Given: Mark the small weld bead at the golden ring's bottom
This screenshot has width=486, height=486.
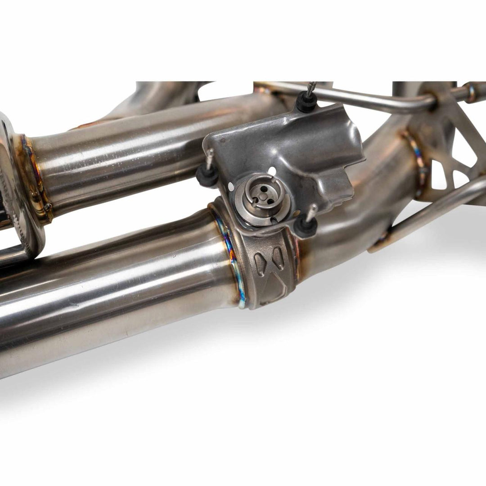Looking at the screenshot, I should [48, 207].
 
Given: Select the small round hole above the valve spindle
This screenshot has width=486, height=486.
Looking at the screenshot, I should [272, 170].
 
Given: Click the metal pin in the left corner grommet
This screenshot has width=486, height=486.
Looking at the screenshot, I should [210, 157].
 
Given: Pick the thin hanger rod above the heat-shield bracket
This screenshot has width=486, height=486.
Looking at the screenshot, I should [360, 97].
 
